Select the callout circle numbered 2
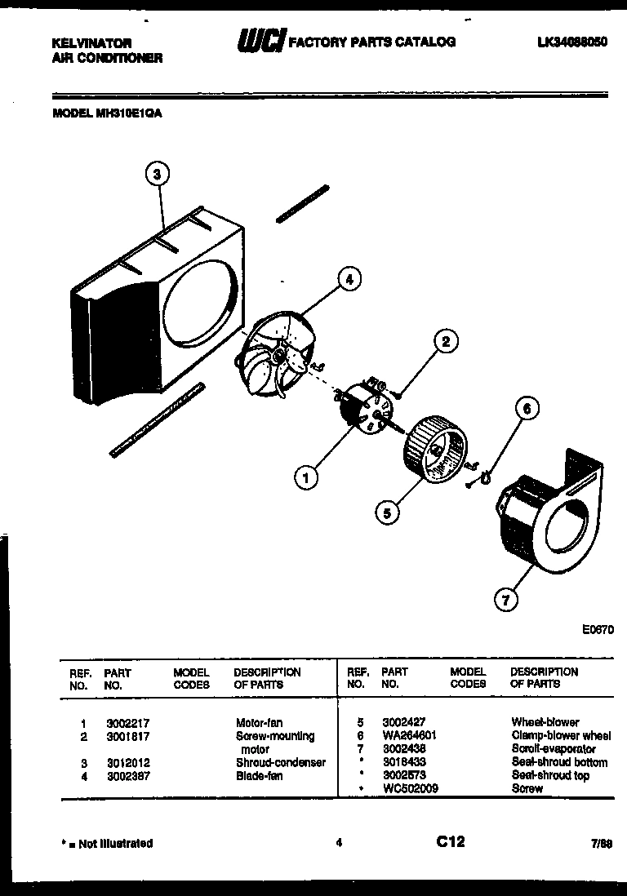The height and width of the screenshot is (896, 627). pyautogui.click(x=445, y=342)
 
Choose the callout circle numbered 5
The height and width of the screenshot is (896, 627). pyautogui.click(x=388, y=512)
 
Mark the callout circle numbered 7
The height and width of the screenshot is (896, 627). pyautogui.click(x=506, y=601)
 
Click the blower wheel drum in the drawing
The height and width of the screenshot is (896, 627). pyautogui.click(x=437, y=449)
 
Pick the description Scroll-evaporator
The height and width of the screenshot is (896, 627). pyautogui.click(x=553, y=748)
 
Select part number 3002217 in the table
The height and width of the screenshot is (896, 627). pyautogui.click(x=127, y=723)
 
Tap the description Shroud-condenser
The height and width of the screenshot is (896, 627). pyautogui.click(x=280, y=762)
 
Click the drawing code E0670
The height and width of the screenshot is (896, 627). pyautogui.click(x=598, y=630)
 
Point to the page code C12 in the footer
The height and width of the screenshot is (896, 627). pyautogui.click(x=450, y=842)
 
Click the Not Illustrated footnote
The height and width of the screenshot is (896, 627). pyautogui.click(x=107, y=843)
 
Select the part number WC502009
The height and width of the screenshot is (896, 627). pyautogui.click(x=411, y=789)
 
